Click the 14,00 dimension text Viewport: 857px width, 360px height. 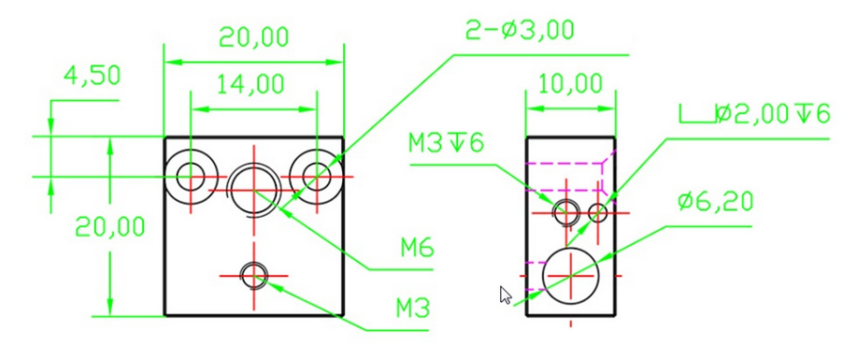tap(250, 85)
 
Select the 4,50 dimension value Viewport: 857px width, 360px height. tap(92, 76)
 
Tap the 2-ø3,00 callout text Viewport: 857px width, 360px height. tap(520, 30)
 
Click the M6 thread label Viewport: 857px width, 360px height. tap(417, 249)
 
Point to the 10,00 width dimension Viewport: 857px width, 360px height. tap(571, 84)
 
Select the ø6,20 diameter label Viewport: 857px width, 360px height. tap(715, 202)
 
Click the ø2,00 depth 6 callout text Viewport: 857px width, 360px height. tap(773, 114)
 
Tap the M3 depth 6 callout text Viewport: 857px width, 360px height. tap(446, 143)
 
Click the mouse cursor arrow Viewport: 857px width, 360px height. tap(507, 295)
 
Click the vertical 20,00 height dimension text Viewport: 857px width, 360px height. tap(110, 226)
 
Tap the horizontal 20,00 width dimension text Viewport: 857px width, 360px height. tap(253, 37)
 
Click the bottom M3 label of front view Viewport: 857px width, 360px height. tap(413, 310)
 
